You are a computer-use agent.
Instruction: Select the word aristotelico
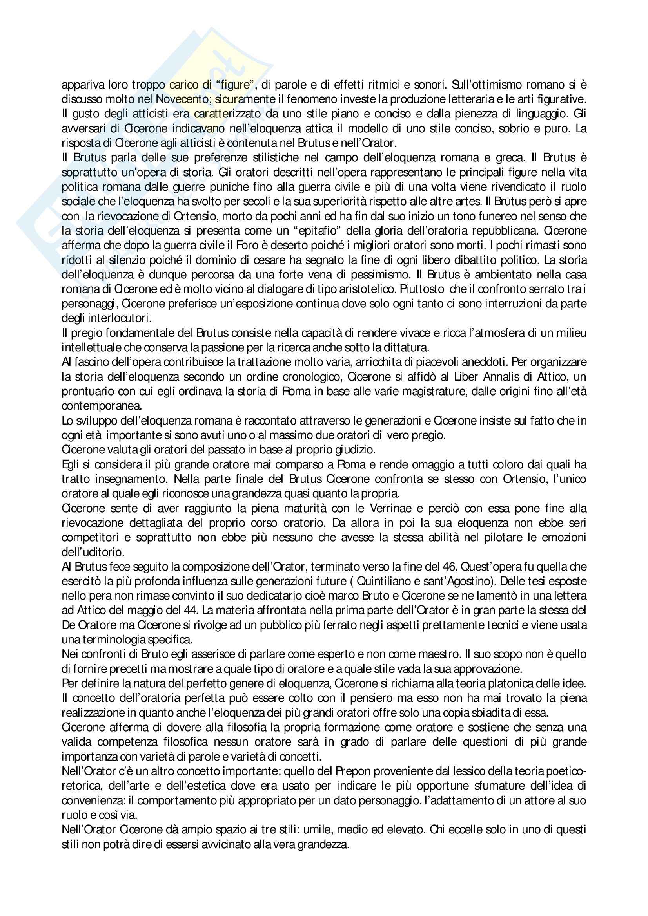[x=334, y=289]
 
